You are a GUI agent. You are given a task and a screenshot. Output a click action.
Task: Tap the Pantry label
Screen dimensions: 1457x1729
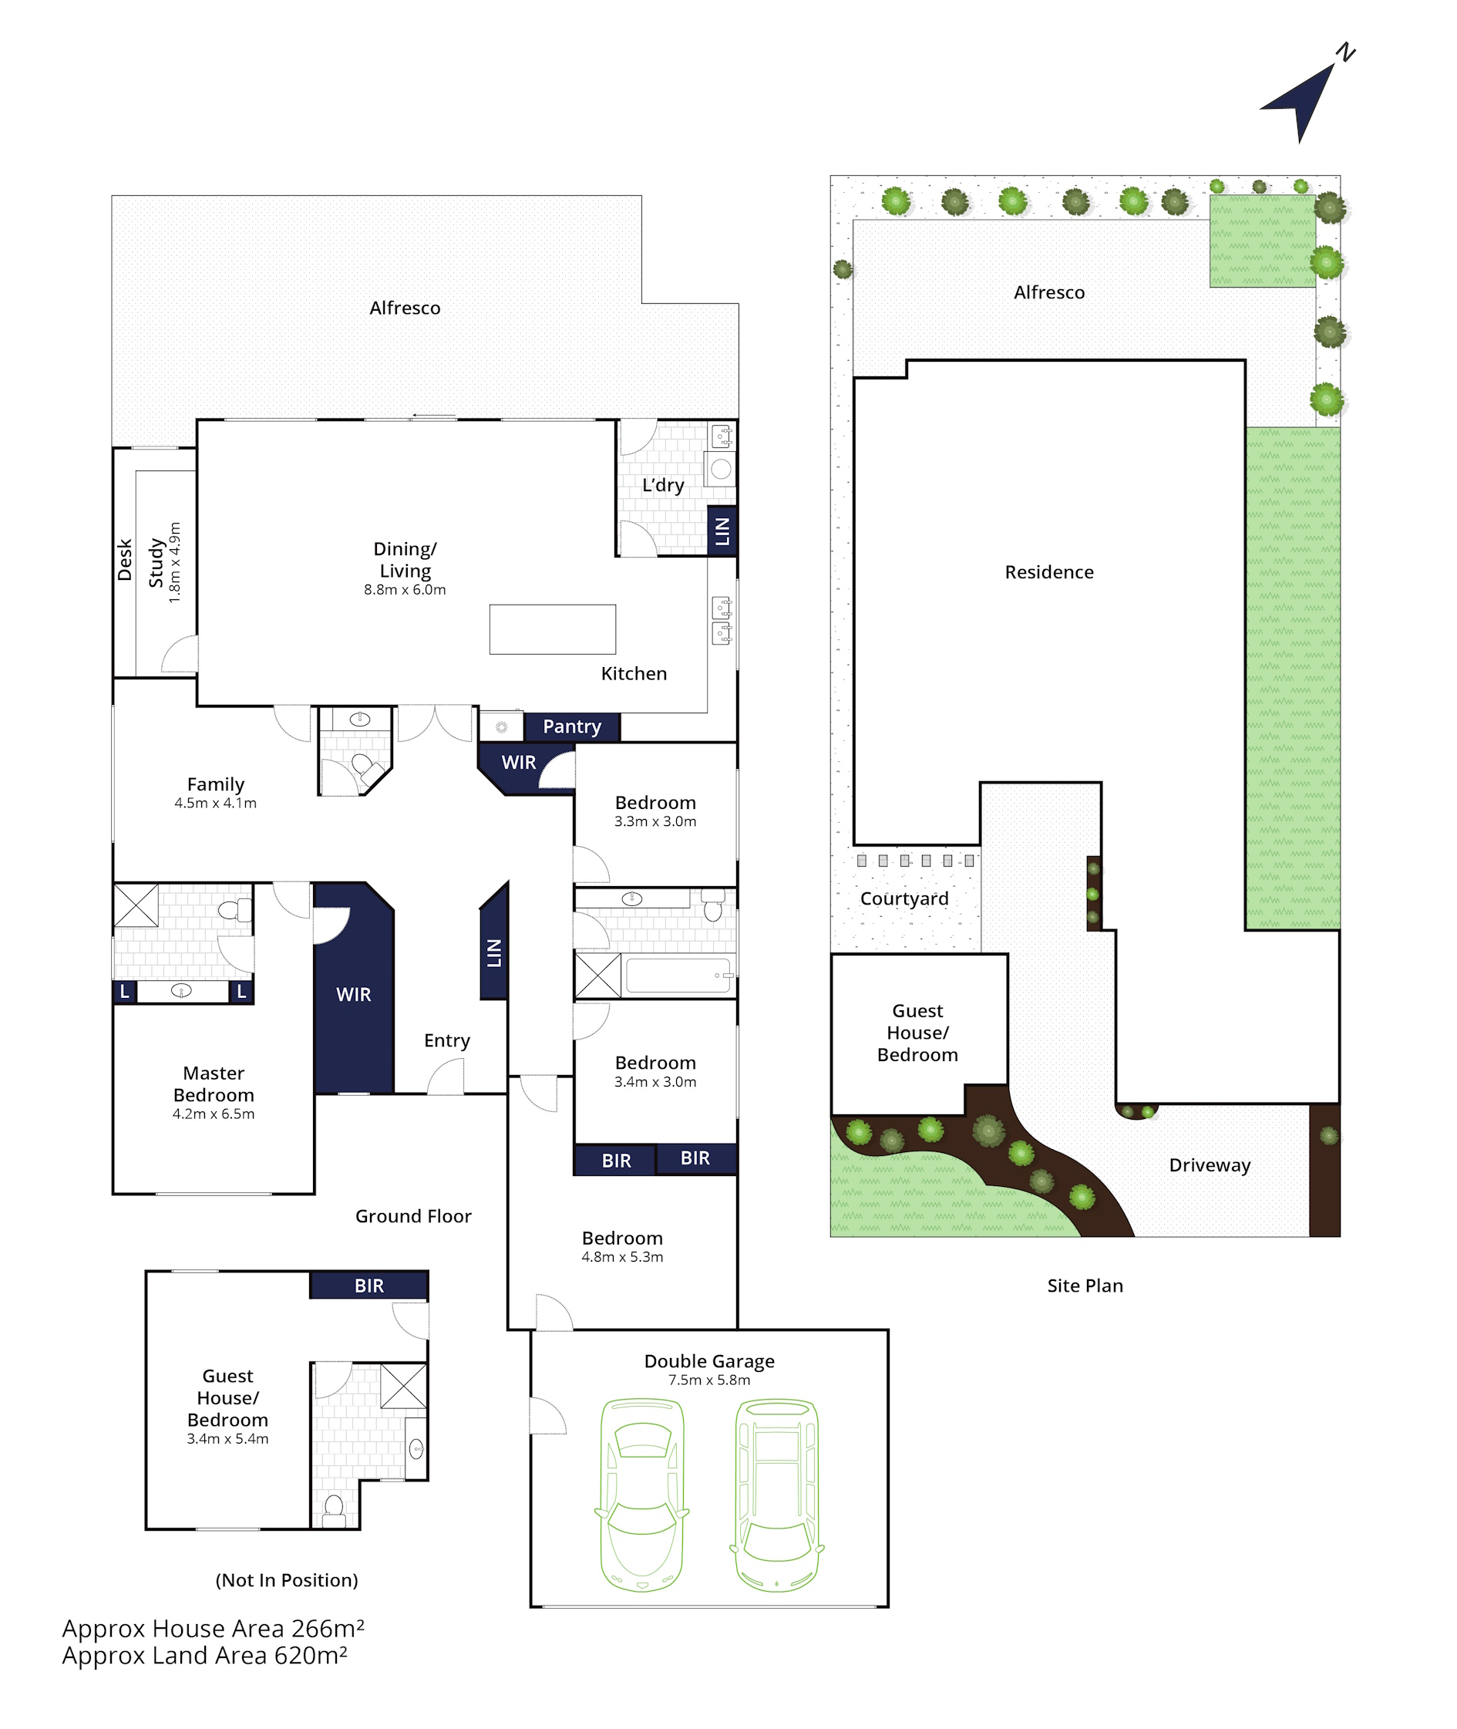pos(571,726)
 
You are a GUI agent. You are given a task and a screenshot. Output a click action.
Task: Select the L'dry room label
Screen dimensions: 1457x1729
pos(663,485)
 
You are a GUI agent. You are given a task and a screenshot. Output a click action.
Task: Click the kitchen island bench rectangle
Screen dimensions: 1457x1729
pos(553,629)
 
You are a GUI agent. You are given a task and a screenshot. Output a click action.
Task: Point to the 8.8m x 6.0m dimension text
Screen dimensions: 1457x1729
pos(405,590)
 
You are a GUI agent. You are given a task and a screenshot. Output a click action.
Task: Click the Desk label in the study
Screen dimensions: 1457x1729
pos(125,559)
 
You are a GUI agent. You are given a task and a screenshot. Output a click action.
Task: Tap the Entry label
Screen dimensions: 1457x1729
pos(447,1040)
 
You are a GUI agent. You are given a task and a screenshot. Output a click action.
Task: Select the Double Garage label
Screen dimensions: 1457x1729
pos(709,1360)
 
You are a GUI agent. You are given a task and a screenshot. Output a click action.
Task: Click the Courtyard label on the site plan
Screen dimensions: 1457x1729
pos(904,898)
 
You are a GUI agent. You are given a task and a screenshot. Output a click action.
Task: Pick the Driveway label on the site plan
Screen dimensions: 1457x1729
pos(1210,1164)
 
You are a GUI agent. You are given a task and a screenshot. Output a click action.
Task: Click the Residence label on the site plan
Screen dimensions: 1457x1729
pos(1049,571)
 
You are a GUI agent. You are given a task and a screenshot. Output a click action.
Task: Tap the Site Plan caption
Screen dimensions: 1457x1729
pos(1085,1286)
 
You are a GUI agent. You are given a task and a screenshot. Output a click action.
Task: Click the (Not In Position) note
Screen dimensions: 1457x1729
pos(287,1580)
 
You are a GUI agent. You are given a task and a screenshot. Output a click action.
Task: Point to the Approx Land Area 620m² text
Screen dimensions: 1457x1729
pos(205,1657)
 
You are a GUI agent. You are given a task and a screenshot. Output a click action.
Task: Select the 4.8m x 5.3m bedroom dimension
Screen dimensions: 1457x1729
pos(622,1256)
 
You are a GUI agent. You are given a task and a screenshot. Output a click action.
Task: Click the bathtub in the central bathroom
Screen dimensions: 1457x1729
pos(679,976)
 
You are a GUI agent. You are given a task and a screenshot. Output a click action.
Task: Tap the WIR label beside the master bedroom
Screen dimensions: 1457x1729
pos(354,995)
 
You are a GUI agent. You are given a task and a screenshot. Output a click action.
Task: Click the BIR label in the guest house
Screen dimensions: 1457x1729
pos(369,1286)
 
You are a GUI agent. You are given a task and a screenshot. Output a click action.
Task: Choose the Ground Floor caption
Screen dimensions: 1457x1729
pos(413,1216)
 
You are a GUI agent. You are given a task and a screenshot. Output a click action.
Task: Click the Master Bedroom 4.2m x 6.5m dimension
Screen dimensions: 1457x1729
pos(213,1114)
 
